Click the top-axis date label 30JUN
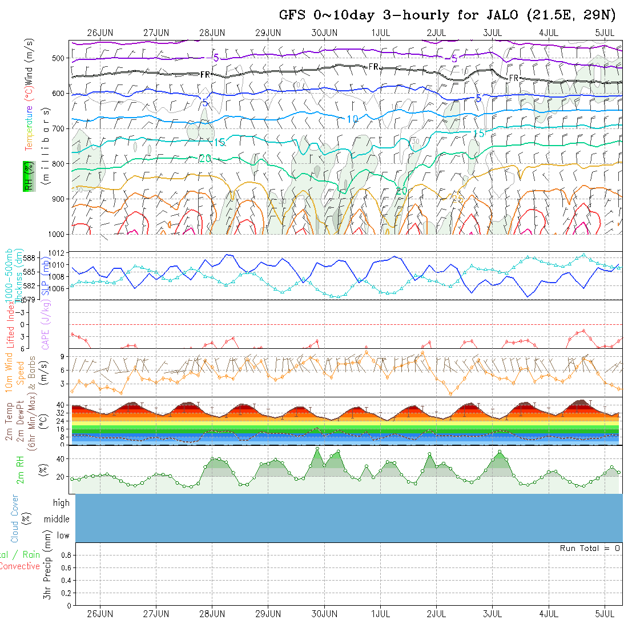(x=324, y=33)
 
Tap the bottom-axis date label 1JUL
(x=380, y=614)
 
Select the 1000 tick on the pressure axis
(x=57, y=234)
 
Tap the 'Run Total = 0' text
(x=590, y=548)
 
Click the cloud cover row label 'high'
(x=61, y=503)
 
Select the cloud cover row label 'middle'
(x=57, y=519)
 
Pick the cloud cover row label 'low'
(x=63, y=536)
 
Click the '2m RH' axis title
(x=20, y=470)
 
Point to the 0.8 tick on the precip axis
(x=65, y=555)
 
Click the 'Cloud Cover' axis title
(x=14, y=519)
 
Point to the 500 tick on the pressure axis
(x=59, y=58)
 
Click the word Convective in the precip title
(x=19, y=566)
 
